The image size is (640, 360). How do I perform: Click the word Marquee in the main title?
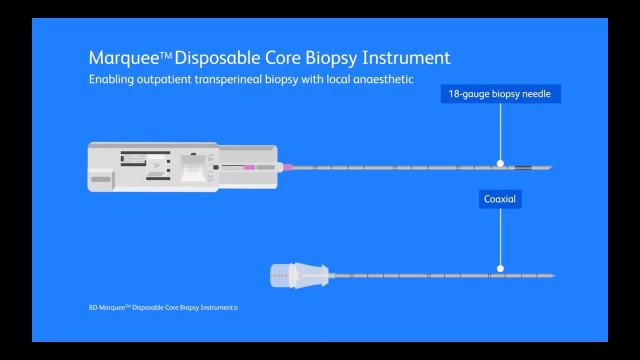(124, 58)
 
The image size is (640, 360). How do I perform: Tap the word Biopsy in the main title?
(331, 58)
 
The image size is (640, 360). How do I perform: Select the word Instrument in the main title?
(406, 58)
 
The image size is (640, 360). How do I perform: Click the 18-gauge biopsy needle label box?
(500, 94)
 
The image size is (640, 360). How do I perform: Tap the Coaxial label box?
(500, 199)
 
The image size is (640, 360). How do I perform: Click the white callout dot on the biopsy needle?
(500, 163)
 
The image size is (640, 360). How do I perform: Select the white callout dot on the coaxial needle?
(500, 268)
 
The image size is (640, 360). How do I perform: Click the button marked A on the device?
(156, 165)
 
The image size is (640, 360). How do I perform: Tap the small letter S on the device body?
(133, 159)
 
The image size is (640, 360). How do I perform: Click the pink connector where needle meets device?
(287, 167)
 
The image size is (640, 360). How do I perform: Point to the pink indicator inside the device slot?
(249, 167)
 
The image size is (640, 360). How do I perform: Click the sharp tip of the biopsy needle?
(550, 167)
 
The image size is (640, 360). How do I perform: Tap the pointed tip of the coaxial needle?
(553, 275)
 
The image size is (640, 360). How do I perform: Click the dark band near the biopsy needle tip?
(522, 167)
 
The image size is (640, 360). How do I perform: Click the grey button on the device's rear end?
(101, 179)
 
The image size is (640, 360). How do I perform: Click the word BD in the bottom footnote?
(93, 307)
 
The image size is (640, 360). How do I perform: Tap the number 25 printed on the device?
(209, 176)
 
